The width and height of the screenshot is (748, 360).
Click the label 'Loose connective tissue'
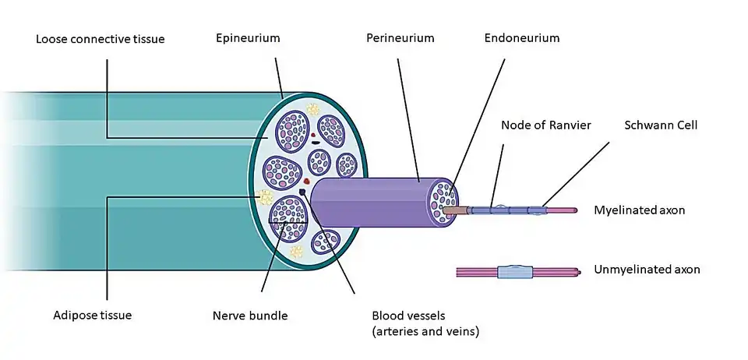coord(101,39)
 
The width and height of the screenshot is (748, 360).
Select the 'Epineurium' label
coord(248,37)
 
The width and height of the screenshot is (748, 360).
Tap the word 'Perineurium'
coord(400,37)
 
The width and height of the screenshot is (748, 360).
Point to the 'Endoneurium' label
coord(521,37)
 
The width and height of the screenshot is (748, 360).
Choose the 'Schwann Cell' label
coord(660,125)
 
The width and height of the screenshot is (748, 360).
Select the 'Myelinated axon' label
coord(639,210)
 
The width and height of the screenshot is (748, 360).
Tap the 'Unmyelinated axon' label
coord(647,270)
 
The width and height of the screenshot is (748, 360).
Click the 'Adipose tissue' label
coord(93,316)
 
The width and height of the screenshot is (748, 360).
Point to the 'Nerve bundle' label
coord(250,316)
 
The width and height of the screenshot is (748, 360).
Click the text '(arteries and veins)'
coord(425,332)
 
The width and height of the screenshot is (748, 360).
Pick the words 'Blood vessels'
coord(408,316)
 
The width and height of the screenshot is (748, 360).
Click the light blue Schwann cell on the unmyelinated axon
coord(513,272)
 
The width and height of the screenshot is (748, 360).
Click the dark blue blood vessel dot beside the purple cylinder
coord(302,192)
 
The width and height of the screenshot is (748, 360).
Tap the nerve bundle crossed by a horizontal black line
coord(288,218)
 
